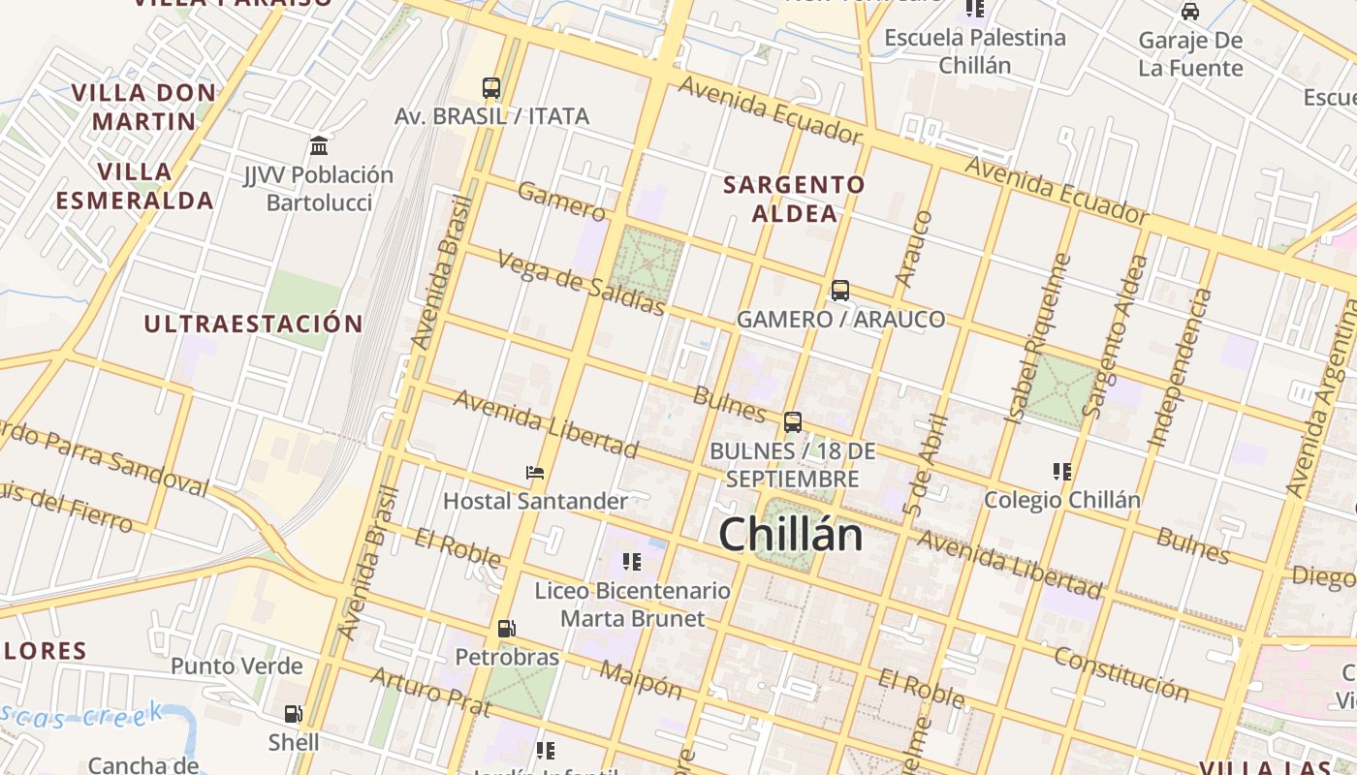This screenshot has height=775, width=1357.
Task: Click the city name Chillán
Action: click(790, 535)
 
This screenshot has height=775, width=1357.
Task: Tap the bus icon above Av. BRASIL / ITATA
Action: click(491, 88)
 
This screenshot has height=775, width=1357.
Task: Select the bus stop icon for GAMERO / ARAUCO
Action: click(840, 290)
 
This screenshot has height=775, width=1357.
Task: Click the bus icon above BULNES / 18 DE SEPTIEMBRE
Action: click(793, 421)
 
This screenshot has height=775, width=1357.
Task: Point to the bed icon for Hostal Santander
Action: click(534, 473)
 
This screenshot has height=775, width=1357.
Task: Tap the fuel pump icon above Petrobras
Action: click(506, 629)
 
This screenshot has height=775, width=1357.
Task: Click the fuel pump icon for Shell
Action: click(293, 715)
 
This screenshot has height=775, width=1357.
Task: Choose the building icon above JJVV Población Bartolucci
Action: click(318, 146)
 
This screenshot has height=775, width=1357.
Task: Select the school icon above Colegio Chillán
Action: click(1061, 472)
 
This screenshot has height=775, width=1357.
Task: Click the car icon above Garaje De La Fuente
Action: click(1189, 12)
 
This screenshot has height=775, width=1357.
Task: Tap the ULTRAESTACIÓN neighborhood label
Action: click(254, 324)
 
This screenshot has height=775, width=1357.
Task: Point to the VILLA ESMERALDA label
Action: click(134, 186)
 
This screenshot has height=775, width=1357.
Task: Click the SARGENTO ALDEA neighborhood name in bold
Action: click(794, 199)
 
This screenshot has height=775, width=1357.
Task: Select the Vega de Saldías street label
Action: click(582, 283)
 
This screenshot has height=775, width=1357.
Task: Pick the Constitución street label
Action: click(1121, 673)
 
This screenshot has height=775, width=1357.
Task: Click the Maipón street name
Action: click(641, 680)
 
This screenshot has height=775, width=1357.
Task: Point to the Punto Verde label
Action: click(237, 666)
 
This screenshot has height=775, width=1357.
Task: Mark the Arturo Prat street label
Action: click(431, 691)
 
